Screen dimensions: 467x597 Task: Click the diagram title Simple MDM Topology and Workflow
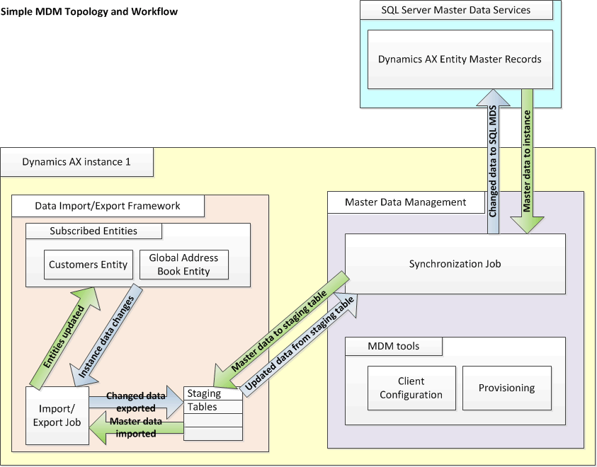click(x=90, y=12)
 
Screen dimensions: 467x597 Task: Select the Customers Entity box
click(x=88, y=265)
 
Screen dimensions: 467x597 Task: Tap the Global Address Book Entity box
click(x=183, y=265)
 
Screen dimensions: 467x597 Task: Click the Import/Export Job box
click(x=57, y=416)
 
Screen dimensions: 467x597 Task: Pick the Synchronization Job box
click(x=455, y=264)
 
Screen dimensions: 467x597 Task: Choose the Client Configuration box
click(x=411, y=388)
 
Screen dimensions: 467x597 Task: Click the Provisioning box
click(x=506, y=388)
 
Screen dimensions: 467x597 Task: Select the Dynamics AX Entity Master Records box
click(x=460, y=59)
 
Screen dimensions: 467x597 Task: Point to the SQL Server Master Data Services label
click(x=455, y=10)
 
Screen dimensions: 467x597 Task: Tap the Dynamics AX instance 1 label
click(x=76, y=161)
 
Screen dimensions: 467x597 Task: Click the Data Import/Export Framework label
click(x=108, y=206)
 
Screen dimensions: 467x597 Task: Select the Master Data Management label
click(x=405, y=202)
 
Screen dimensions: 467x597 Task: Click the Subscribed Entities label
click(x=93, y=231)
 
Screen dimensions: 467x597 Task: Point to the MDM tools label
click(x=393, y=346)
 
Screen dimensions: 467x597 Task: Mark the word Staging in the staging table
click(x=204, y=393)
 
